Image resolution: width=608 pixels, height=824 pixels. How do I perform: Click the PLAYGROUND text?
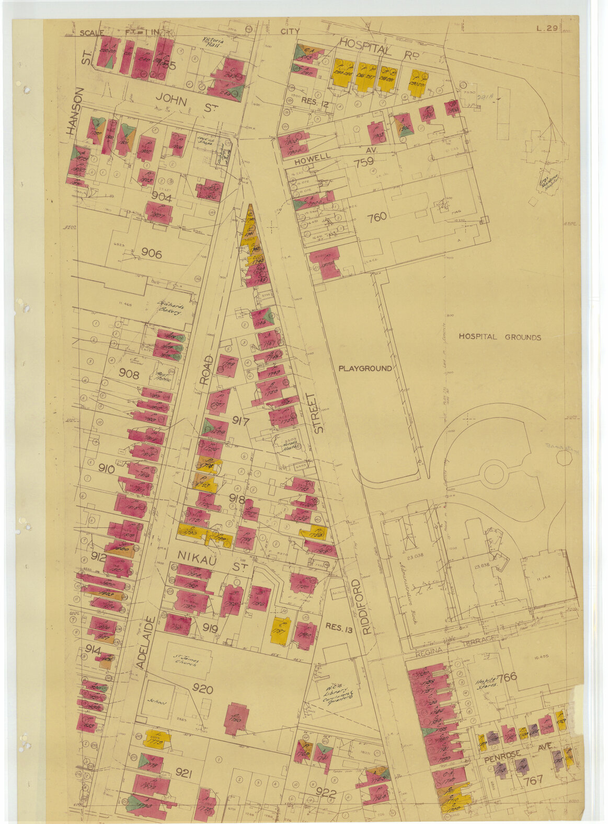click(364, 368)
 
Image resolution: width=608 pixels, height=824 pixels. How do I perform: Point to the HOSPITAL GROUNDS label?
click(499, 337)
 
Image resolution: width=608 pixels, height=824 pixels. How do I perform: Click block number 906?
click(151, 254)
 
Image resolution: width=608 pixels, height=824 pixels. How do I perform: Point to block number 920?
click(203, 690)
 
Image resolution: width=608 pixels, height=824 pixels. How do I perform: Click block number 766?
click(507, 678)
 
